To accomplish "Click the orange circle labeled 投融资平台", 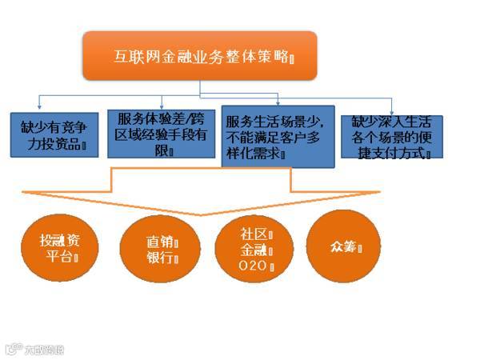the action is point(60,249).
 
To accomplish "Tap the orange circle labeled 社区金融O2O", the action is point(257,249).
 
